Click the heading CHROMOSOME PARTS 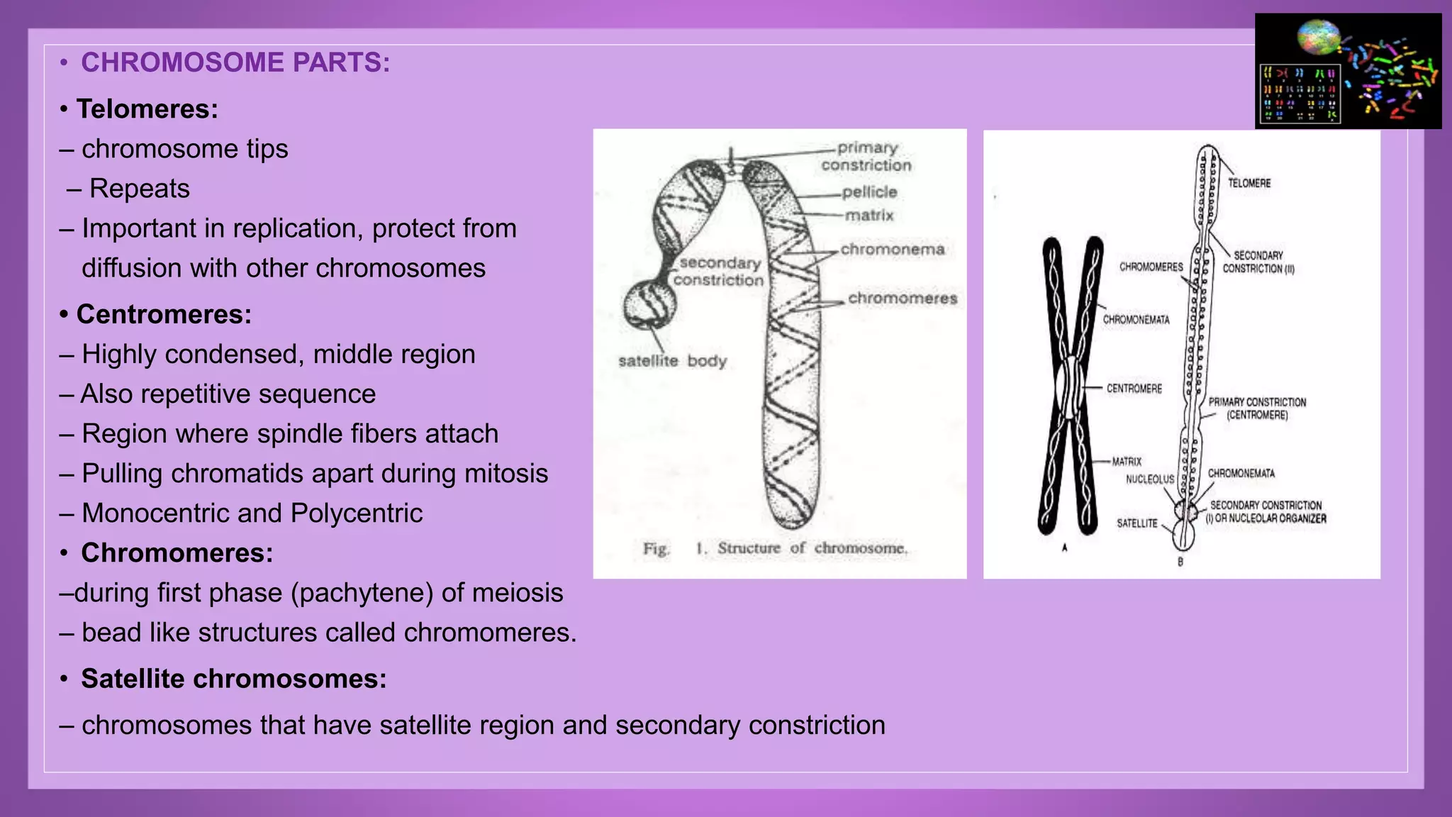[x=235, y=62]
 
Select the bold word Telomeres [x=147, y=109]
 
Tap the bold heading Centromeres [x=164, y=314]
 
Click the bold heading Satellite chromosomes [x=233, y=679]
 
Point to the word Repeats [x=139, y=189]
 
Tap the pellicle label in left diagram [x=869, y=192]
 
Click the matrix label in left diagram [x=870, y=215]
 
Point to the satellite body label [x=672, y=361]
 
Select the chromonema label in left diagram [x=893, y=250]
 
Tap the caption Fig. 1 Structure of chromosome [x=775, y=548]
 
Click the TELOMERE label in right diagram [x=1249, y=183]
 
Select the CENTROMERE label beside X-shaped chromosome [x=1134, y=389]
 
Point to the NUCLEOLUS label [x=1149, y=479]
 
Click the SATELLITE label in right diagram [x=1137, y=523]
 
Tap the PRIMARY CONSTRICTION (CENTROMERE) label [x=1257, y=408]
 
